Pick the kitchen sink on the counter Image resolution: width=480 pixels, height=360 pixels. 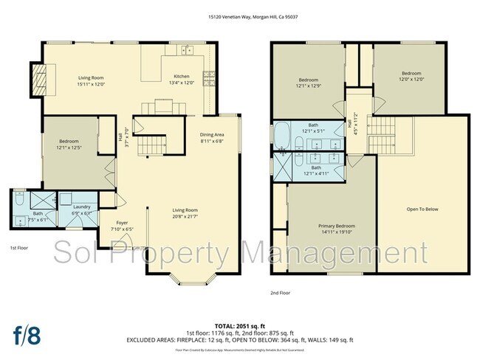point(187,51)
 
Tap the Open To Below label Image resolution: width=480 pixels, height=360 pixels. point(422,210)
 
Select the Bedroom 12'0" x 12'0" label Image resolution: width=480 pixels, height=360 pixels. point(411,77)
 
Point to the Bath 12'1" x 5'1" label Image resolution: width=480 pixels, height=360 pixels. point(313,128)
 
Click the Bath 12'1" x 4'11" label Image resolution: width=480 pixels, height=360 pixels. point(315,170)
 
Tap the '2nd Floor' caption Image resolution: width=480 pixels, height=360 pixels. point(281,293)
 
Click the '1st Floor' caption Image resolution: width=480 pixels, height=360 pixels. point(19,248)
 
